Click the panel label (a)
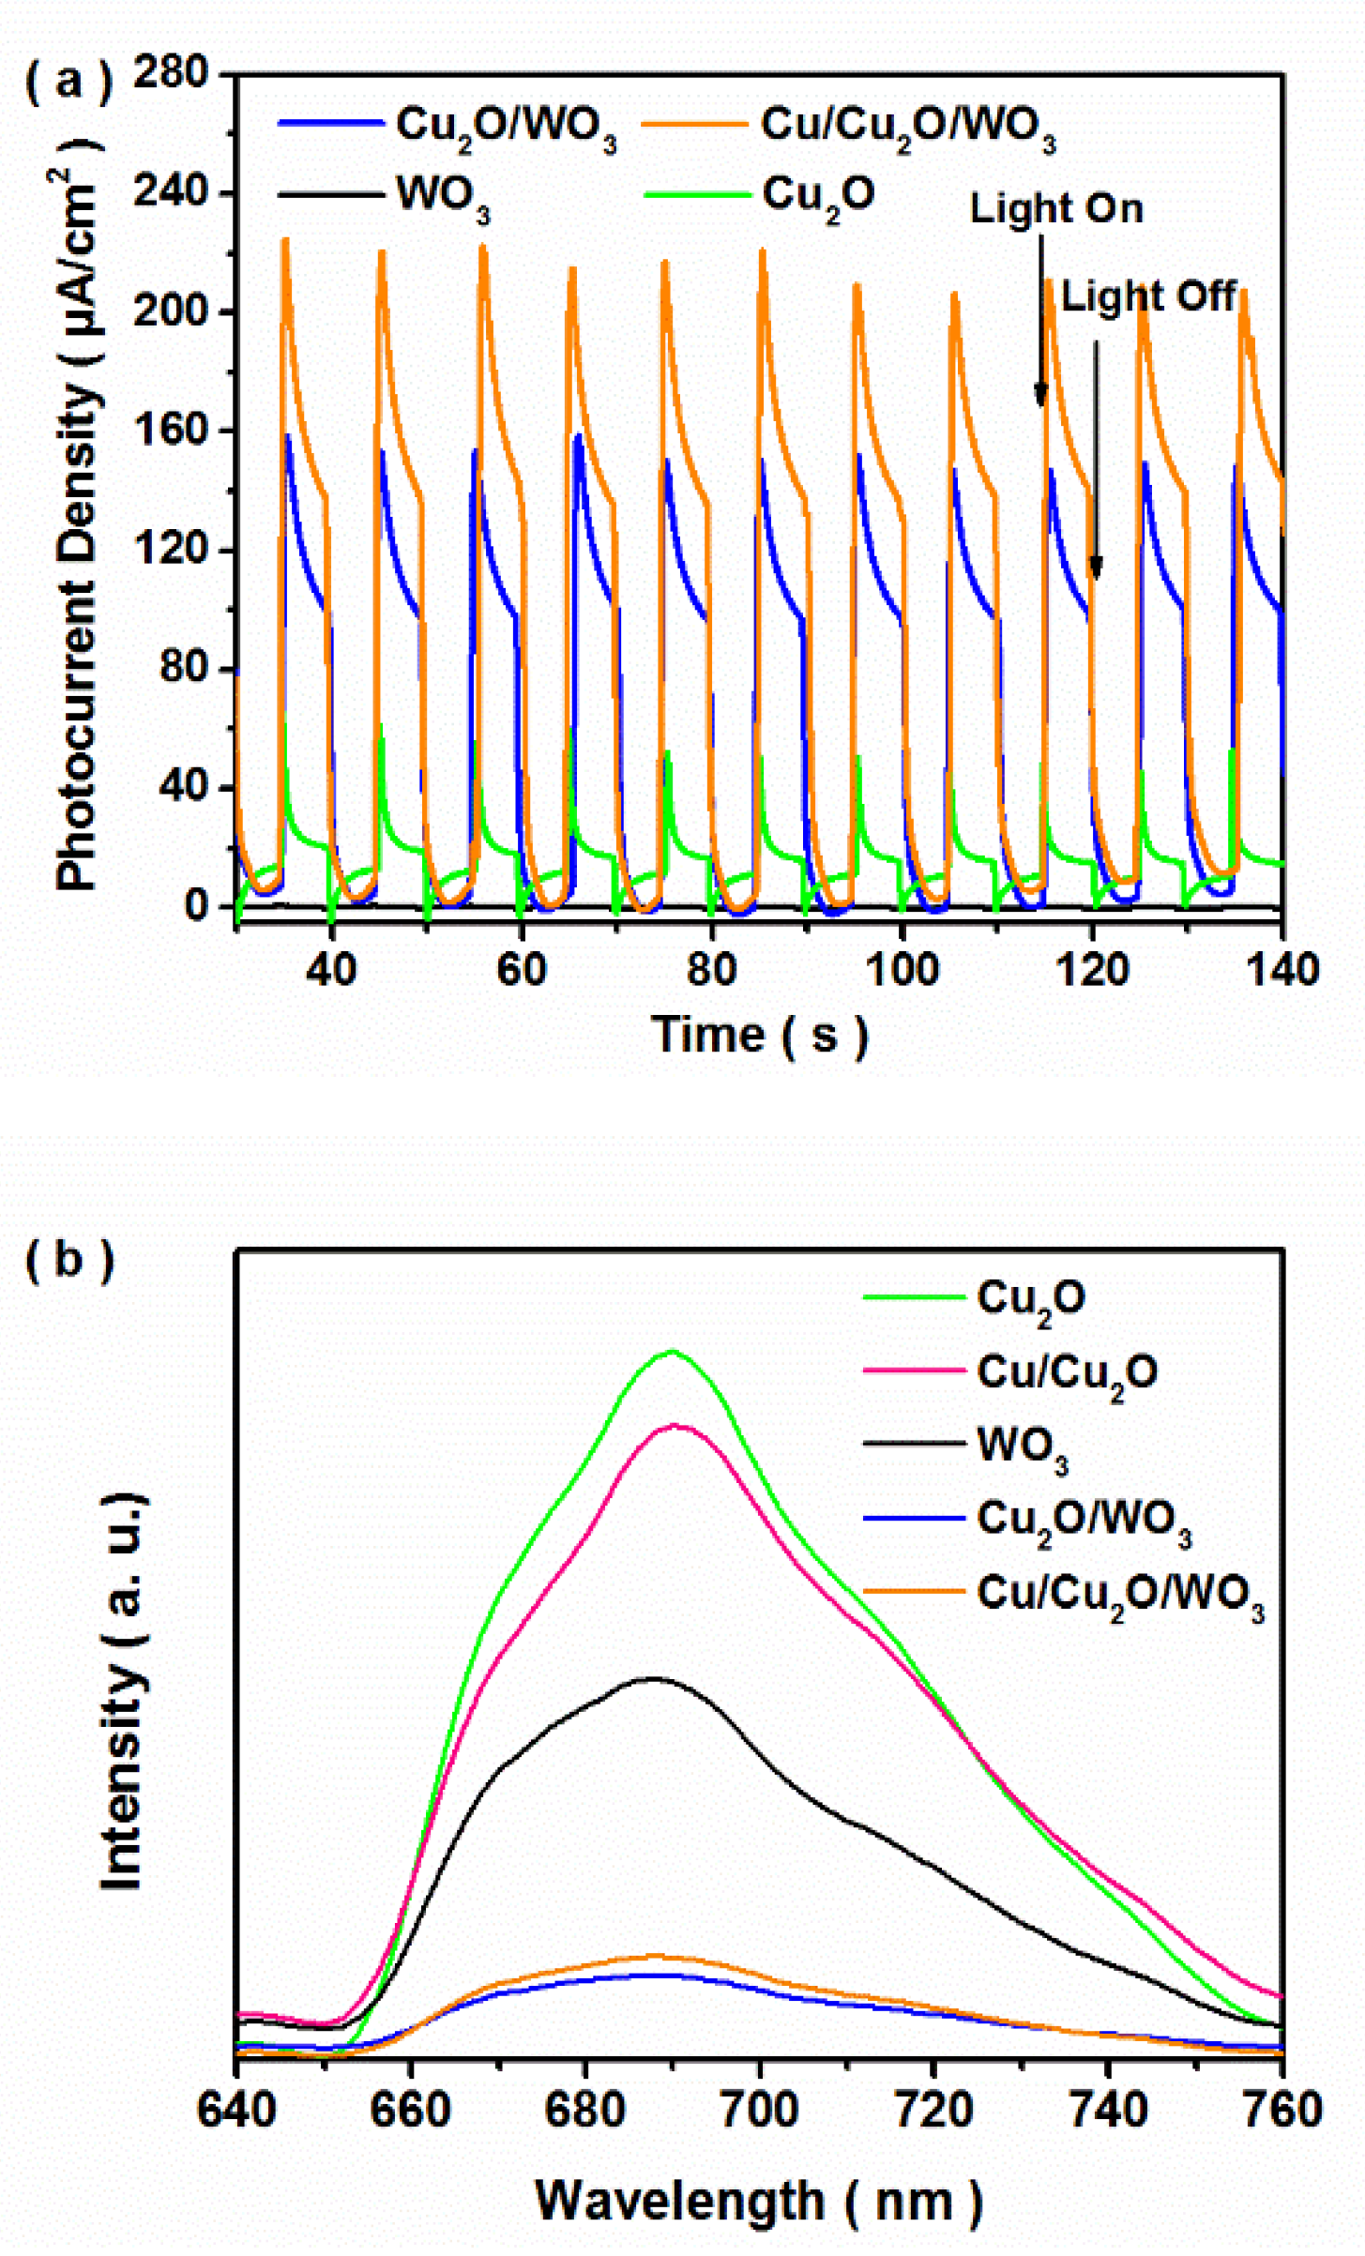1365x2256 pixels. [x=68, y=83]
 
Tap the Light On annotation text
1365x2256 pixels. [x=1056, y=208]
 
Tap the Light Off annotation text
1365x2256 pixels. [x=1148, y=296]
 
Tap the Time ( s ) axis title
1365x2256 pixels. [x=761, y=1036]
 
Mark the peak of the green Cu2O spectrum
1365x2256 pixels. [x=672, y=1352]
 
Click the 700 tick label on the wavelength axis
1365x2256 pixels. [x=760, y=2112]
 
